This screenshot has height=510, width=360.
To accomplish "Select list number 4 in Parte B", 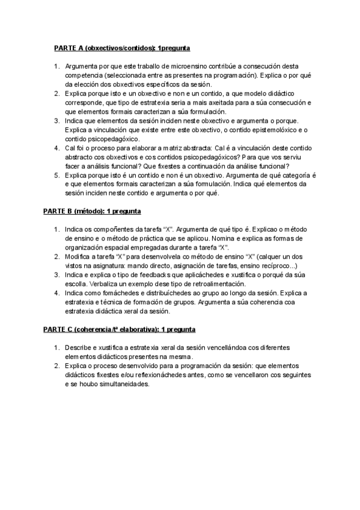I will coord(56,293).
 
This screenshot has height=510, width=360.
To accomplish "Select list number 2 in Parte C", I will coord(56,366).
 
